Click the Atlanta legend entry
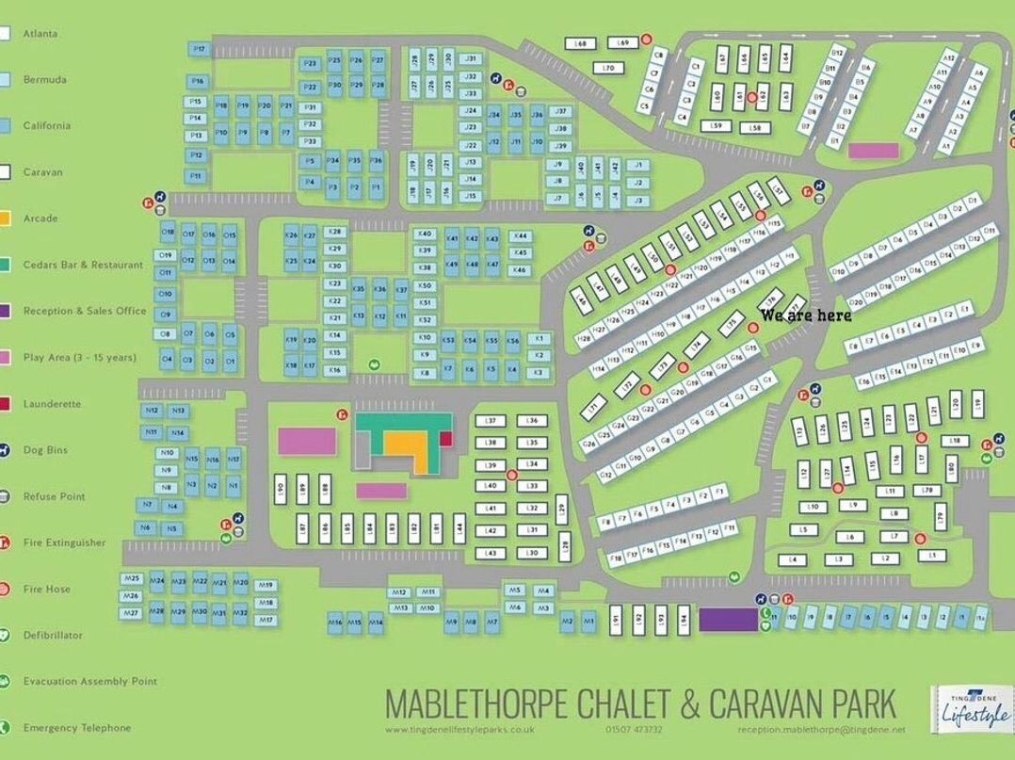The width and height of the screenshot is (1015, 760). click(40, 34)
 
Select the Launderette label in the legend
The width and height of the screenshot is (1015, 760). click(52, 404)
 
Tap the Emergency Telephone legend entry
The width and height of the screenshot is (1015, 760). click(77, 728)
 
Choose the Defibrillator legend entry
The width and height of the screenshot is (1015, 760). click(53, 636)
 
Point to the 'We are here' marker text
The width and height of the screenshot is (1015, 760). click(805, 315)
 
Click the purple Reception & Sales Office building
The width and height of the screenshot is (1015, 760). click(728, 619)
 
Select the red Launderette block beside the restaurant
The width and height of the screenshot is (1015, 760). click(445, 438)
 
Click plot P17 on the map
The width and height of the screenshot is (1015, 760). click(198, 49)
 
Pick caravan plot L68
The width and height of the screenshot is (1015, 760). click(581, 44)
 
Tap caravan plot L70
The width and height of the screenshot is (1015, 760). click(608, 68)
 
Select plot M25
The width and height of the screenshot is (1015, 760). click(132, 578)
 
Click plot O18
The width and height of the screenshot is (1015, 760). click(168, 232)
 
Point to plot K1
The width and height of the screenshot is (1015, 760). click(539, 338)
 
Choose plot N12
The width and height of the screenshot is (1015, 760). click(153, 411)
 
